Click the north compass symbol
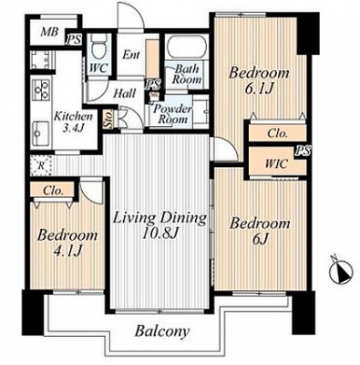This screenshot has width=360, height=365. pos(341,271)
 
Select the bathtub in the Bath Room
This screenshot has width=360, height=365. pos(187,47)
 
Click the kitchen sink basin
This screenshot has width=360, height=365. pos(40,133)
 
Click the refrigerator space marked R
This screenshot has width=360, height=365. pos(42,166)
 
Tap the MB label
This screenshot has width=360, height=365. pos(50,32)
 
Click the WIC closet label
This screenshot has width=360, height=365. pos(276,164)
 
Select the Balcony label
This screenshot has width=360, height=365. pos(162,331)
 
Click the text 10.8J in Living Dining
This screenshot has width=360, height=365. pos(160,235)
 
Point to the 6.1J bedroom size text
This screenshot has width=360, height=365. pos(260,89)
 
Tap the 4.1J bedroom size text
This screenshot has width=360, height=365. pos(67,251)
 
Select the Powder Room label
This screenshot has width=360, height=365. pos(172,114)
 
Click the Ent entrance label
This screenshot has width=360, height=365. pos(131,55)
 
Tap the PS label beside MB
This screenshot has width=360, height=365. pos(74,40)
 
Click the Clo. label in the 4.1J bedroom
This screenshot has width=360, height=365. pos(53,191)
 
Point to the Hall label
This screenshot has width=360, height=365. pos(124,94)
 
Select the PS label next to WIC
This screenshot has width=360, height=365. pos(304,151)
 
